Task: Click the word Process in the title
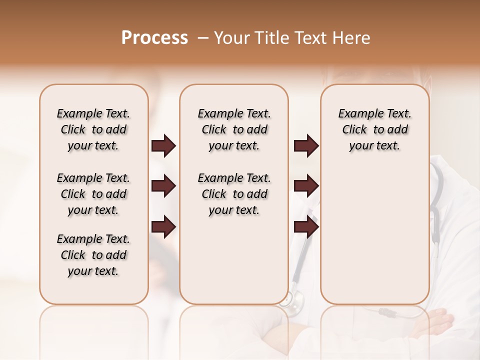coord(154,38)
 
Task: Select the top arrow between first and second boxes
coord(163,146)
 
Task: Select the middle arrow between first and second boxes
coord(163,186)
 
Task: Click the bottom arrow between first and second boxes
coord(163,227)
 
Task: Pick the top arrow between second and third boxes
coord(306,146)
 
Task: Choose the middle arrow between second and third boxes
coord(306,186)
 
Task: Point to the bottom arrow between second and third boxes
coord(306,227)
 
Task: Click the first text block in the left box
coord(93,129)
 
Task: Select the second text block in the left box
coord(93,194)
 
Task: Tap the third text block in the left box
coord(93,255)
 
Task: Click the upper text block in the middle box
coord(234,129)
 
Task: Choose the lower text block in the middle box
coord(234,194)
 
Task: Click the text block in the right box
coord(374,129)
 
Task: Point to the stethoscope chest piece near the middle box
coord(293,300)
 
